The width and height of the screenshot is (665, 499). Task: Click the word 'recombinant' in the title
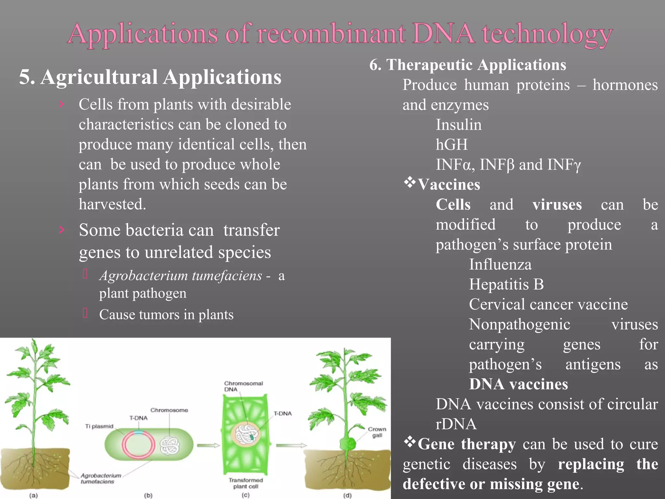coord(331,33)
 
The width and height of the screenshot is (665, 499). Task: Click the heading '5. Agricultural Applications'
coord(150,77)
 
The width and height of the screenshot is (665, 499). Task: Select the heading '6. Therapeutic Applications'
coord(468,65)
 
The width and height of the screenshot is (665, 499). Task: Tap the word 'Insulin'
coord(458,125)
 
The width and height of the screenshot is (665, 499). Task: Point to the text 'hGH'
coord(451,145)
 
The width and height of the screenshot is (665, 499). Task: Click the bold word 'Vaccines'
coord(448,185)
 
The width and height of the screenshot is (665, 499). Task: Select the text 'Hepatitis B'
coord(506,284)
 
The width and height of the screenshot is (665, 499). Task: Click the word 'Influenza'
coord(500,264)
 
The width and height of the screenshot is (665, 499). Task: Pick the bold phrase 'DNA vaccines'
coord(518,384)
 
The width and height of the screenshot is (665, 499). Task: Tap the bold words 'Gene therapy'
coord(466,444)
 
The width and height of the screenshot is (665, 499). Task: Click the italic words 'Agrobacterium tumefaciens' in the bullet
coord(181,276)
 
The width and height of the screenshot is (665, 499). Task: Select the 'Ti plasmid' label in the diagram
coord(99,426)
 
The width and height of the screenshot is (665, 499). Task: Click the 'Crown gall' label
coord(377,432)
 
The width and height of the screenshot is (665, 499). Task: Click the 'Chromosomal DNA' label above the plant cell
coord(243,386)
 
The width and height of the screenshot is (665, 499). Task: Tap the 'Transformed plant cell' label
coord(245,483)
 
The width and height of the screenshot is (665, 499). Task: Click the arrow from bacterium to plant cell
coord(208,445)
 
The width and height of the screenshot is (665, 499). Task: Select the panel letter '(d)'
coord(347,495)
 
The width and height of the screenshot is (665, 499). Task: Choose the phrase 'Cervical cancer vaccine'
coord(548,304)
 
